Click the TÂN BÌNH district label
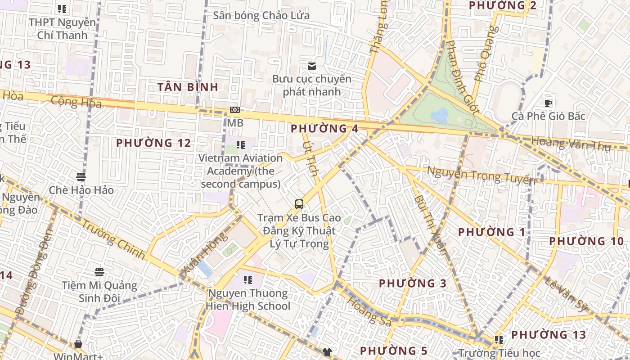[188, 87]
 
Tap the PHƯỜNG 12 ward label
[153, 143]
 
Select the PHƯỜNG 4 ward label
[324, 128]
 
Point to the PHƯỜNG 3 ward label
[413, 283]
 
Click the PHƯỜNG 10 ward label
[586, 241]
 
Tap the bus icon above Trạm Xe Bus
[299, 204]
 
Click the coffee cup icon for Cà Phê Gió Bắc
[548, 103]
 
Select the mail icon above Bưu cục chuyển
[311, 66]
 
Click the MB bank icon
[235, 110]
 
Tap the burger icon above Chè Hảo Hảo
[81, 176]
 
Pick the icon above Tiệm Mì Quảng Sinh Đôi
[99, 272]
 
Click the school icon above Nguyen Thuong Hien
[247, 280]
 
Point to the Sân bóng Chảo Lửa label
[261, 15]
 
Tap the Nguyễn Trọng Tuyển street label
[481, 175]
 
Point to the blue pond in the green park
[439, 115]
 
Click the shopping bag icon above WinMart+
[78, 344]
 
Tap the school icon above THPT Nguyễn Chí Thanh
[62, 9]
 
